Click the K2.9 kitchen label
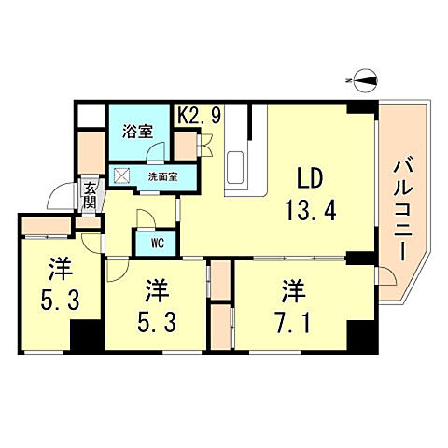(x=199, y=117)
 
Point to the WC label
(x=156, y=242)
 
